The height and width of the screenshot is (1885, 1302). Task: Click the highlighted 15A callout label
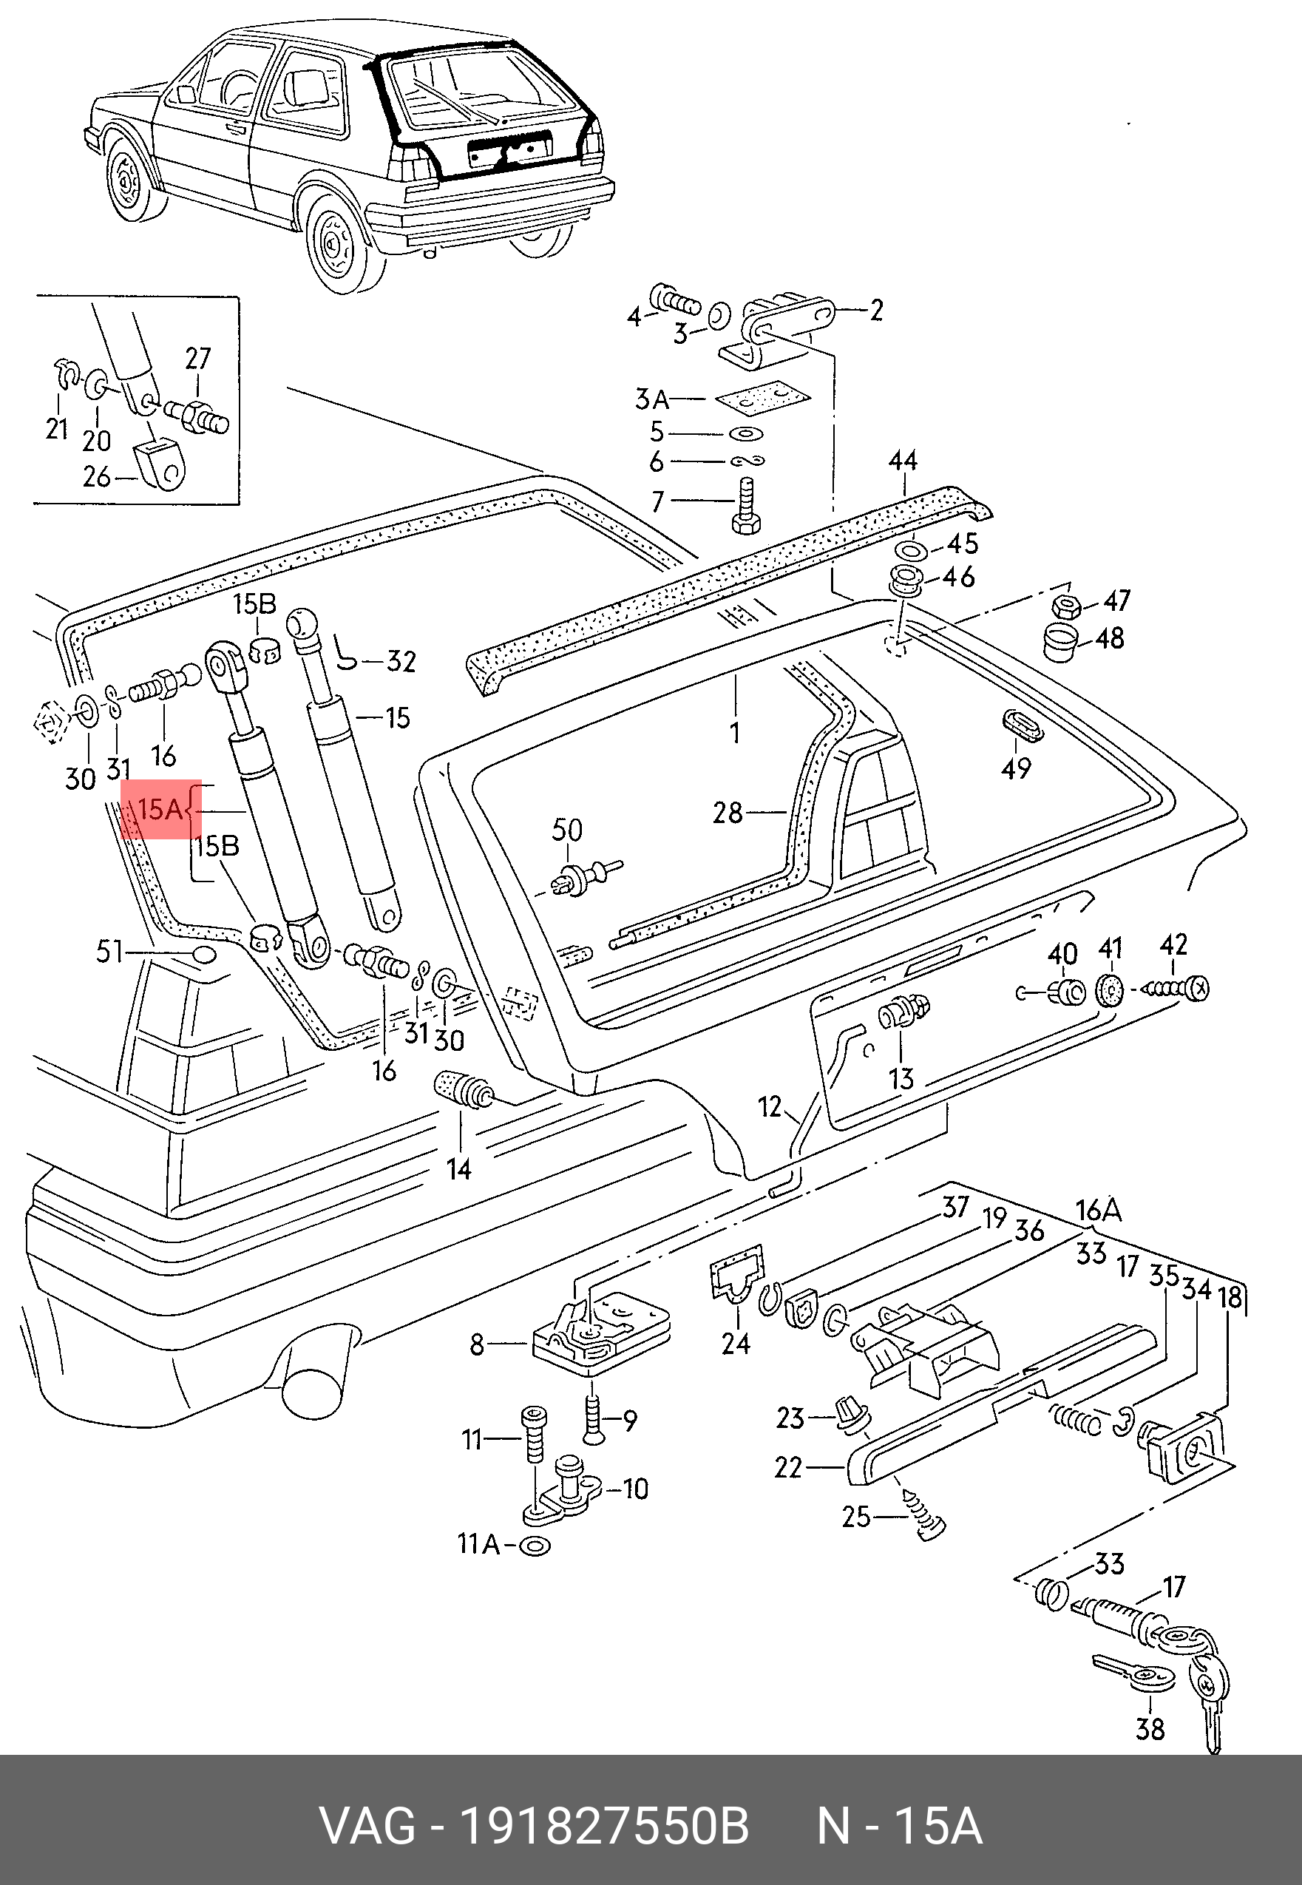coord(160,810)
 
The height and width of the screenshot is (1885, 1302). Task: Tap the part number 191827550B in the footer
coord(604,1827)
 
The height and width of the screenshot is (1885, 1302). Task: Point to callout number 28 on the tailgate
coord(728,813)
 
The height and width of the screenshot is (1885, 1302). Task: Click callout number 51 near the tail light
coord(109,952)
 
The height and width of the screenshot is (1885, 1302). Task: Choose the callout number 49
coord(1017,768)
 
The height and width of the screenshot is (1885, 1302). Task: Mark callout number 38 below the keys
coord(1150,1728)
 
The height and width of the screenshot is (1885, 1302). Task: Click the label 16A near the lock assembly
coord(1098,1210)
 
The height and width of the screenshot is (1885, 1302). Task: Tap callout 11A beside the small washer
coord(479,1544)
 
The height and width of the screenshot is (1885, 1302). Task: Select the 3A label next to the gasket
coord(652,400)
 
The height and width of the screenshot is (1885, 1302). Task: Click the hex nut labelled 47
coord(1066,606)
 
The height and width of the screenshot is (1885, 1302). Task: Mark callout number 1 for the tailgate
coord(735,732)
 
